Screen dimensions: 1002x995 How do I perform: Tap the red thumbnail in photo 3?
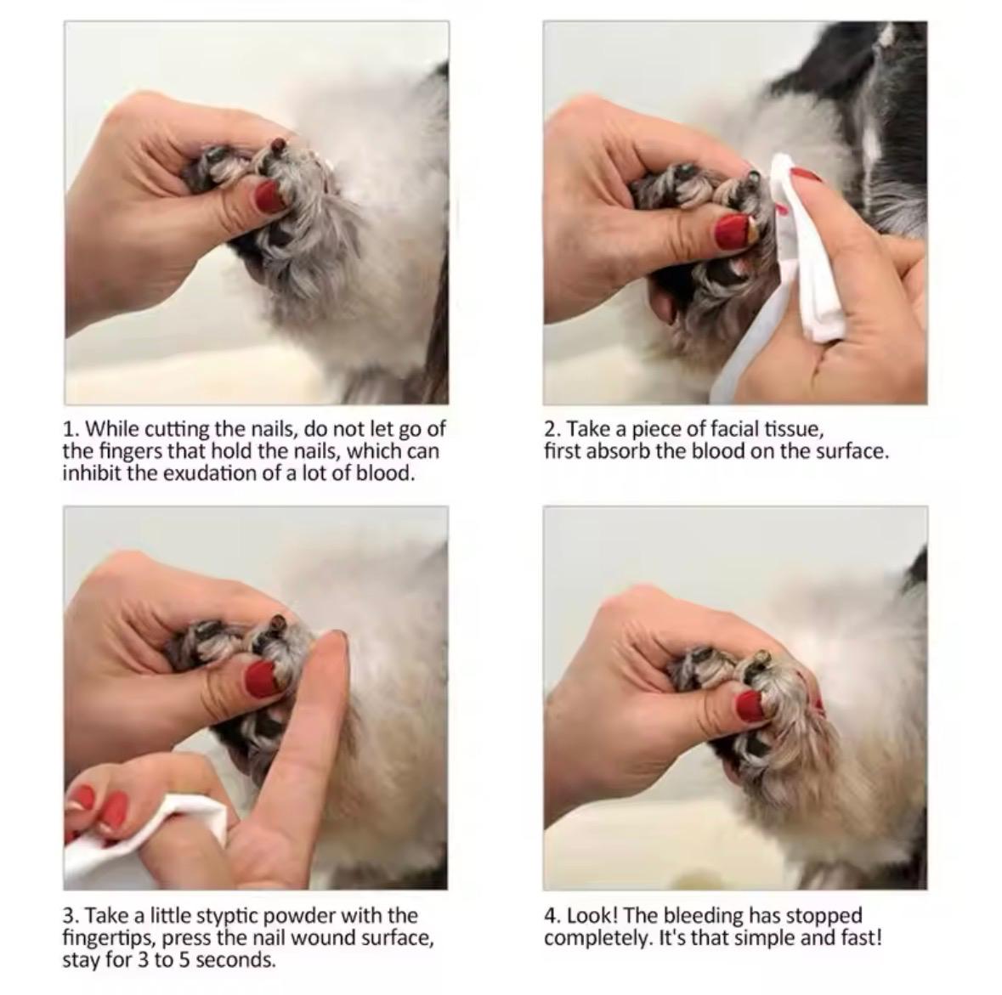261,677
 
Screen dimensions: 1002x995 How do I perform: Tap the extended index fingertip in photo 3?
333,642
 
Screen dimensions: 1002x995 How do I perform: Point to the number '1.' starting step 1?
72,428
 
